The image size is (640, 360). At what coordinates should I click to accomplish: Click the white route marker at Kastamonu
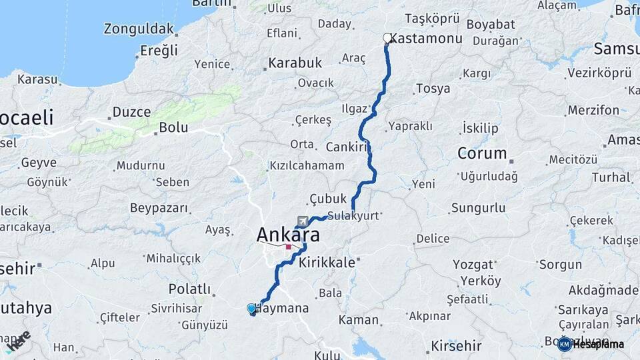[x=387, y=39]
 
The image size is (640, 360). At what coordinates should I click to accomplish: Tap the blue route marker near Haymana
[x=251, y=309]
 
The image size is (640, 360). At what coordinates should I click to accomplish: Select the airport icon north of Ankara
[x=303, y=221]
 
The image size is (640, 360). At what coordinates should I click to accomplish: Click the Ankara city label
[x=288, y=235]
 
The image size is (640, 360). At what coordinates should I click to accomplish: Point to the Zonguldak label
[x=139, y=29]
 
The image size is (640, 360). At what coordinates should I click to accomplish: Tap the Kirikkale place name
[x=327, y=263]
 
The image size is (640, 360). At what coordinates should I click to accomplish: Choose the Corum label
[x=482, y=153]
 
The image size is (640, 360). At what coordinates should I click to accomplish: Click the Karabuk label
[x=295, y=63]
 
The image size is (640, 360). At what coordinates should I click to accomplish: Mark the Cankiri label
[x=347, y=147]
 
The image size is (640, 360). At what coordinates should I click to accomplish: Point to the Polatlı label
[x=189, y=289]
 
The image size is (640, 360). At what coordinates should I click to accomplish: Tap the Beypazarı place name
[x=159, y=208]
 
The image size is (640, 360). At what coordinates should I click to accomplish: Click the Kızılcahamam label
[x=307, y=165]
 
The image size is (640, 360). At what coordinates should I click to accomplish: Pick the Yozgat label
[x=473, y=264]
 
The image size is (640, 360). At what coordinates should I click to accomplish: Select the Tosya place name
[x=433, y=89]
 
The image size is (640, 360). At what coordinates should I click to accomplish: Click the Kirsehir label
[x=456, y=345]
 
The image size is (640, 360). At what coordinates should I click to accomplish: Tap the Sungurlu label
[x=478, y=208]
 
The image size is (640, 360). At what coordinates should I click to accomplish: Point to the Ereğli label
[x=159, y=51]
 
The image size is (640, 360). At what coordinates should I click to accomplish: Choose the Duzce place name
[x=131, y=111]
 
